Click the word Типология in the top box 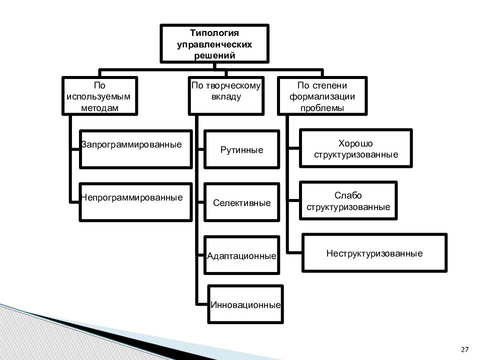pos(214,33)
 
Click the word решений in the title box pos(214,55)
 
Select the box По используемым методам pos(100,96)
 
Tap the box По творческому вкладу pos(226,96)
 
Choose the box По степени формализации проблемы pos(322,96)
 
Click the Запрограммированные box pos(136,149)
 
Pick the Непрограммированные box pos(136,202)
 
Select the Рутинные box pos(242,149)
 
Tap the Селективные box pos(242,202)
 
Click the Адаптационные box pos(242,255)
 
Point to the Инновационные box pos(245,304)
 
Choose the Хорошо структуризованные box pos(355,148)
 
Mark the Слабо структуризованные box pos(348,200)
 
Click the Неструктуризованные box pos(374,253)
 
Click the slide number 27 pos(464,349)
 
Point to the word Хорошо pos(355,143)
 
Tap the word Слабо pos(348,195)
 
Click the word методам pos(100,108)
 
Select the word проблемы pos(322,108)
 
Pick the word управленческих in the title pos(214,44)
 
